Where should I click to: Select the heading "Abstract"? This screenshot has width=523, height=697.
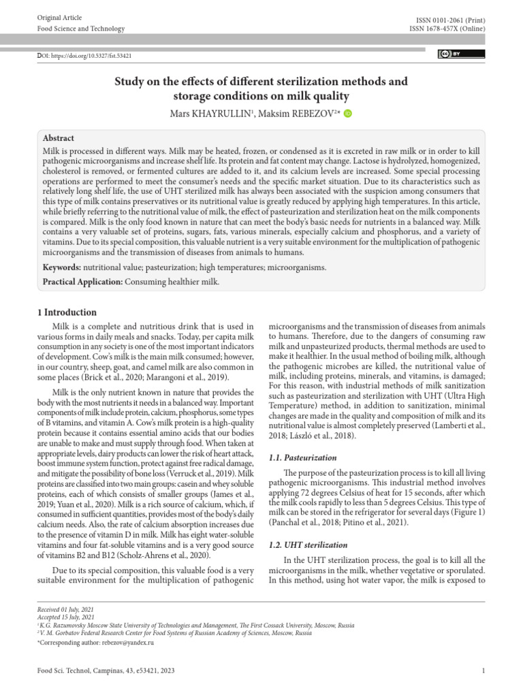[59, 137]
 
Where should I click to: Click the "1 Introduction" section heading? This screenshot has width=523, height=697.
[66, 312]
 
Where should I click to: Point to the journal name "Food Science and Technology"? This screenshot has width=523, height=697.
[80, 29]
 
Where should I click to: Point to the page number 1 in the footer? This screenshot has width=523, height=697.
[483, 670]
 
